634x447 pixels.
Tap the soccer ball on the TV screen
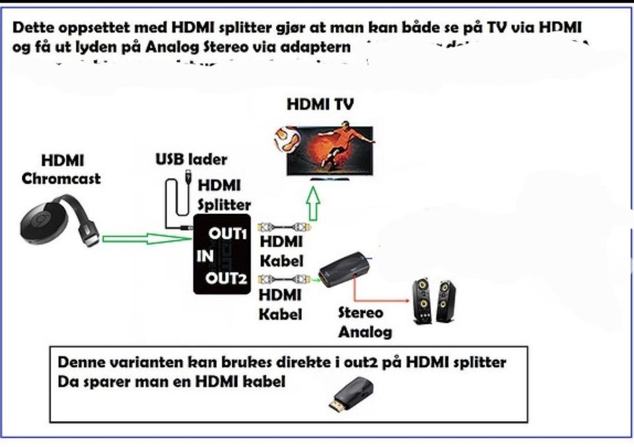click(288, 138)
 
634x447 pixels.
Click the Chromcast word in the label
click(61, 178)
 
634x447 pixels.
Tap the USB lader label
click(191, 159)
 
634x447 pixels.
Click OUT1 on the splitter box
click(227, 234)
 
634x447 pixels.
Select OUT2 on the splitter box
click(226, 278)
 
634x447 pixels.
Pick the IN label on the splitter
click(203, 256)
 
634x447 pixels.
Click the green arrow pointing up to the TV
click(314, 204)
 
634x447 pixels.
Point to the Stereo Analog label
click(365, 322)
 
